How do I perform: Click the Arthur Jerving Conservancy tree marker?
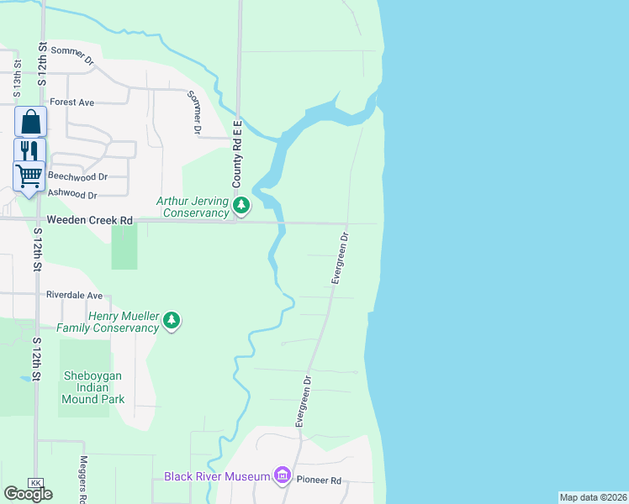pyautogui.click(x=242, y=205)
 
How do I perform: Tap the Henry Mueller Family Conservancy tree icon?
pyautogui.click(x=172, y=320)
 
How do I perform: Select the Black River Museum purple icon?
pyautogui.click(x=282, y=476)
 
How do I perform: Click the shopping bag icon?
pyautogui.click(x=30, y=123)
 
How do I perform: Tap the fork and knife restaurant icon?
pyautogui.click(x=29, y=150)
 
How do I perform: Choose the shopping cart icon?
pyautogui.click(x=29, y=176)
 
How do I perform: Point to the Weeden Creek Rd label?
pyautogui.click(x=90, y=220)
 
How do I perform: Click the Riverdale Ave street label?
pyautogui.click(x=74, y=296)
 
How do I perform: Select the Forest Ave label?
pyautogui.click(x=71, y=102)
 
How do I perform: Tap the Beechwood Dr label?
pyautogui.click(x=78, y=176)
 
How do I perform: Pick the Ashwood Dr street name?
pyautogui.click(x=72, y=194)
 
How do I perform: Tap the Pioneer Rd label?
pyautogui.click(x=323, y=480)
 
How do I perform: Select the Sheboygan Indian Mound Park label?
pyautogui.click(x=93, y=386)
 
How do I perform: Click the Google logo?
pyautogui.click(x=28, y=493)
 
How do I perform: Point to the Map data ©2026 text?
pyautogui.click(x=593, y=497)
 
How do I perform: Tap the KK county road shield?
pyautogui.click(x=35, y=483)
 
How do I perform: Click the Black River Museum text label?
pyautogui.click(x=216, y=476)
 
